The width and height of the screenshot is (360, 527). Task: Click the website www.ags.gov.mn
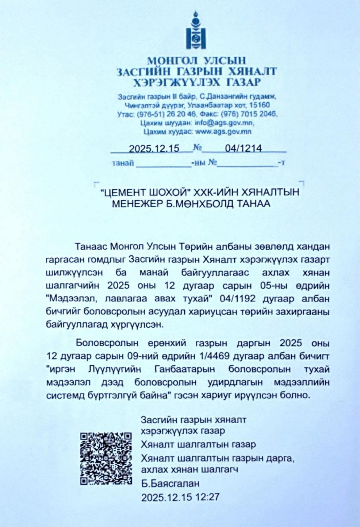tap(223, 131)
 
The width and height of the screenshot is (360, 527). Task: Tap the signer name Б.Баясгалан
tap(170, 483)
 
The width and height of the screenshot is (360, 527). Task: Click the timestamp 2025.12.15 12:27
tap(180, 497)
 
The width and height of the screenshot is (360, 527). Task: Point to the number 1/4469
tap(214, 356)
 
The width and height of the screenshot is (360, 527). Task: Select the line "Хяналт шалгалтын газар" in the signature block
tap(198, 444)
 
